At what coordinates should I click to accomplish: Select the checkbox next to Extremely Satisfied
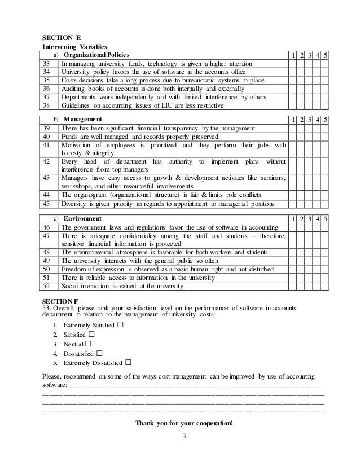(121, 326)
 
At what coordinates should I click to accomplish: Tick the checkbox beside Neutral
(89, 343)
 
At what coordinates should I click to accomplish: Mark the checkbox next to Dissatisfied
(99, 353)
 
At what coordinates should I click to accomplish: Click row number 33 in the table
(47, 64)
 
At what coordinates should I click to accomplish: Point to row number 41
(47, 146)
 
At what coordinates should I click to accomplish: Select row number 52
(47, 287)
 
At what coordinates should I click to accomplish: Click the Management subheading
(83, 119)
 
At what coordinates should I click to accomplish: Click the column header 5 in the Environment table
(328, 218)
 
